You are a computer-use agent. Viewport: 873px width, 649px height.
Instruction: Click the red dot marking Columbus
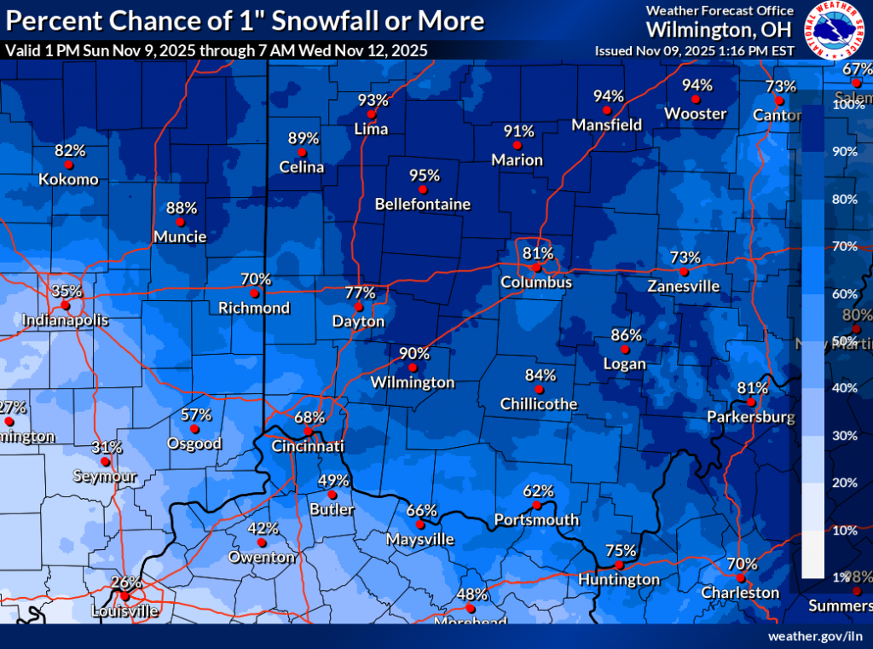click(x=536, y=267)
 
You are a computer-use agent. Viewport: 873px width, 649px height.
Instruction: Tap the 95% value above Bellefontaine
click(x=425, y=176)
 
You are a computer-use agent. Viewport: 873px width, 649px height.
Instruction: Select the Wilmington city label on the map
click(x=413, y=383)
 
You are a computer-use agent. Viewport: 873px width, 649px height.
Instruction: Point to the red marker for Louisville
click(x=125, y=595)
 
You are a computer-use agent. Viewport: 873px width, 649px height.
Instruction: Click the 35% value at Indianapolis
click(x=61, y=291)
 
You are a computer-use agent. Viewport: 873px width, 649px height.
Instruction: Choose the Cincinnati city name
click(x=307, y=447)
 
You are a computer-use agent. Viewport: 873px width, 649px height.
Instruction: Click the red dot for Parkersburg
click(x=751, y=402)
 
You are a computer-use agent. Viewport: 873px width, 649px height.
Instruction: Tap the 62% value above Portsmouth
click(x=538, y=491)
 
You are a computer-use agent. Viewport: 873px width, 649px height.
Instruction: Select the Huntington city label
click(x=619, y=580)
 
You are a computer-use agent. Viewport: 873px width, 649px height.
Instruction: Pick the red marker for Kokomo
click(x=68, y=165)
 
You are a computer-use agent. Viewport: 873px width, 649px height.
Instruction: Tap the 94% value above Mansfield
click(x=609, y=96)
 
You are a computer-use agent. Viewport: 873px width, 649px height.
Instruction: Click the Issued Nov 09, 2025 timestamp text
click(x=694, y=50)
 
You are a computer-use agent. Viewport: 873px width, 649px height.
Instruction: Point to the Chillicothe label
click(x=539, y=404)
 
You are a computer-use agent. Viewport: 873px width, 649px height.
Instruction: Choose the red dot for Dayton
click(x=358, y=307)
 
